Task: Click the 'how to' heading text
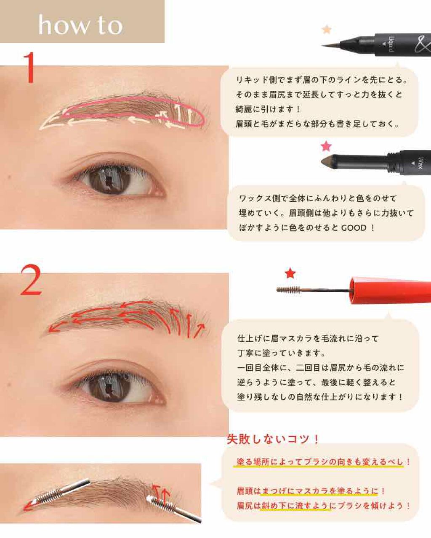pos(80,25)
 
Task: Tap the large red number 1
pos(29,67)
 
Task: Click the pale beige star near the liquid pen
pos(327,29)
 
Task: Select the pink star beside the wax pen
pos(326,146)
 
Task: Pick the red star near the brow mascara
pos(290,274)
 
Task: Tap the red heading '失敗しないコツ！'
pos(273,440)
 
